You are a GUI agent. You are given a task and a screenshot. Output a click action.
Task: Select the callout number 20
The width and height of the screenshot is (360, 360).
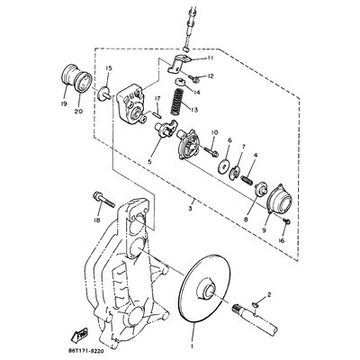point(78,112)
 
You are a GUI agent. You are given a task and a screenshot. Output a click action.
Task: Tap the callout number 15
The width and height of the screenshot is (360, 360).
point(107,69)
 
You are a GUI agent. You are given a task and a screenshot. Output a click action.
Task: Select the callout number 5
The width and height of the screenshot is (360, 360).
point(161,163)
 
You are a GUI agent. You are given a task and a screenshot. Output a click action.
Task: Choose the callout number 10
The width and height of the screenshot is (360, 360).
point(214,133)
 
